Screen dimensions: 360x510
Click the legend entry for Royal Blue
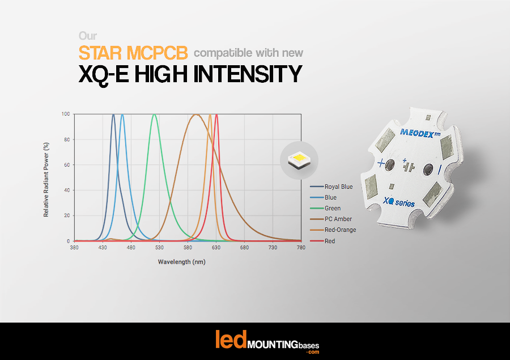click(338, 187)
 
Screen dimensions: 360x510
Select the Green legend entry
click(332, 208)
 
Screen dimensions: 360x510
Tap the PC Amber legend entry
click(338, 219)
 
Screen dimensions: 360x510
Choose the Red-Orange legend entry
click(340, 230)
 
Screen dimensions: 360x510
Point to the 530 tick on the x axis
click(159, 247)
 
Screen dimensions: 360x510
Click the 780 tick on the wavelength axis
click(301, 247)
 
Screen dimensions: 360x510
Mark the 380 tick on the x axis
click(74, 247)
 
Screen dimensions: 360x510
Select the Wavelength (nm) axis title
click(181, 262)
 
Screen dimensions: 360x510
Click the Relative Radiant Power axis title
click(46, 177)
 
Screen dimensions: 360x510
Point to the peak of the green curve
click(154, 115)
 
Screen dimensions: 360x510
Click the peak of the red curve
click(217, 115)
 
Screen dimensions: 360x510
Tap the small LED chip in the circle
click(298, 160)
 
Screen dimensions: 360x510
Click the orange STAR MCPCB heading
click(133, 53)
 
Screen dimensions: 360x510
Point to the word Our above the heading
click(87, 35)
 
